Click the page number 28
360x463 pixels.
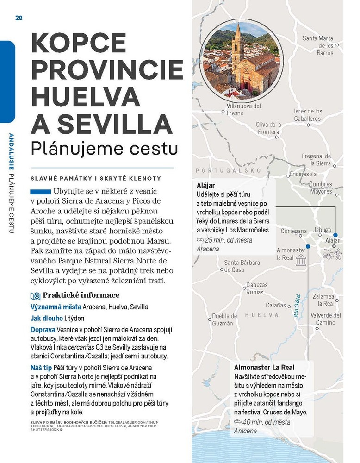coord(19,18)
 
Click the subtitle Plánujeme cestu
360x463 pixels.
coord(104,148)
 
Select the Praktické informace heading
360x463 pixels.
coord(81,295)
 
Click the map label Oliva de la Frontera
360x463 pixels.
coord(268,128)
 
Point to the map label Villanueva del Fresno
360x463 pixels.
coord(243,109)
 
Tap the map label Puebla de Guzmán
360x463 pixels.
coord(224,319)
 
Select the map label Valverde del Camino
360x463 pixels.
coord(326,319)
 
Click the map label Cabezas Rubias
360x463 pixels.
coord(257,288)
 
